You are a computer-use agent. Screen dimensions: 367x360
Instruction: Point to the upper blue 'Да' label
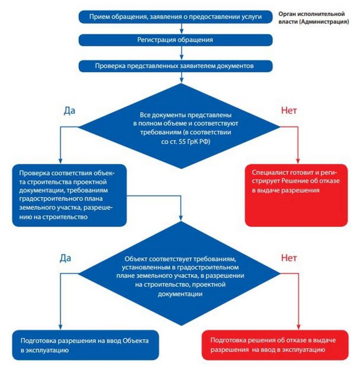coord(69,110)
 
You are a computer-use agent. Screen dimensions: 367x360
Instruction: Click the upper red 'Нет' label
coord(288,110)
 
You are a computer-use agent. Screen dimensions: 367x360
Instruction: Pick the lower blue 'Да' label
coord(65,257)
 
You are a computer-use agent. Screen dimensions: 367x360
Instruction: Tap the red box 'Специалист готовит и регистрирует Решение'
coord(296,195)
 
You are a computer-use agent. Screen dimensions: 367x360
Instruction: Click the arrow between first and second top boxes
coord(182,29)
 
